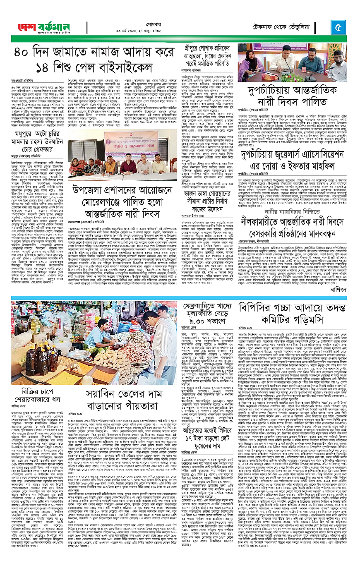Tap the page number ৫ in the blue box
click(338, 28)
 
